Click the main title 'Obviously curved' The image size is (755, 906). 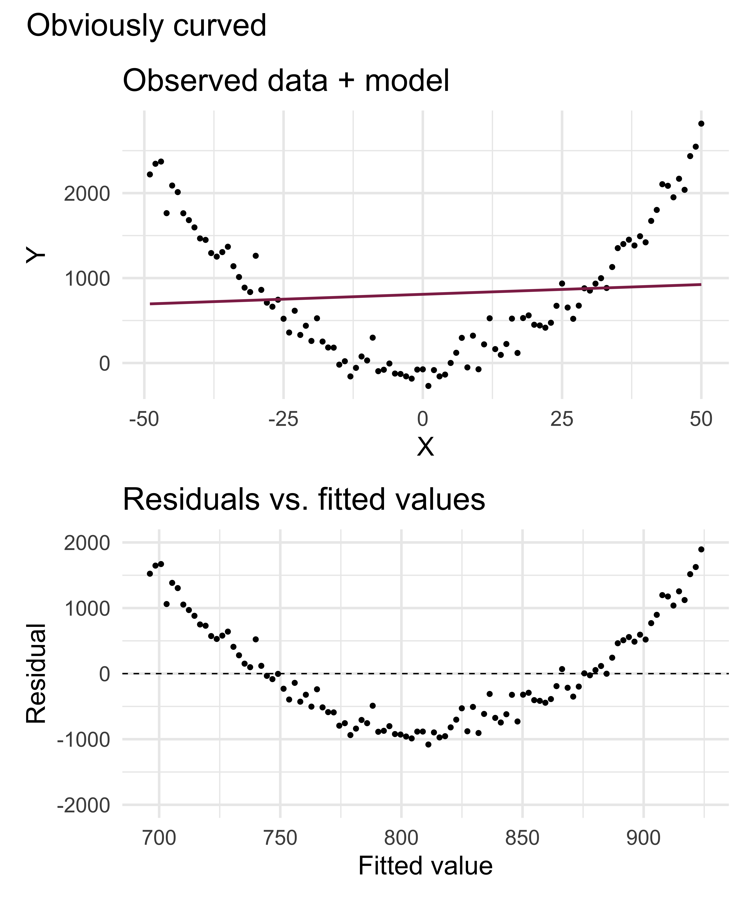click(x=147, y=26)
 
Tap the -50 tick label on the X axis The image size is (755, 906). click(x=144, y=419)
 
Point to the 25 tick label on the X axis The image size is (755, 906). click(x=562, y=419)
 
